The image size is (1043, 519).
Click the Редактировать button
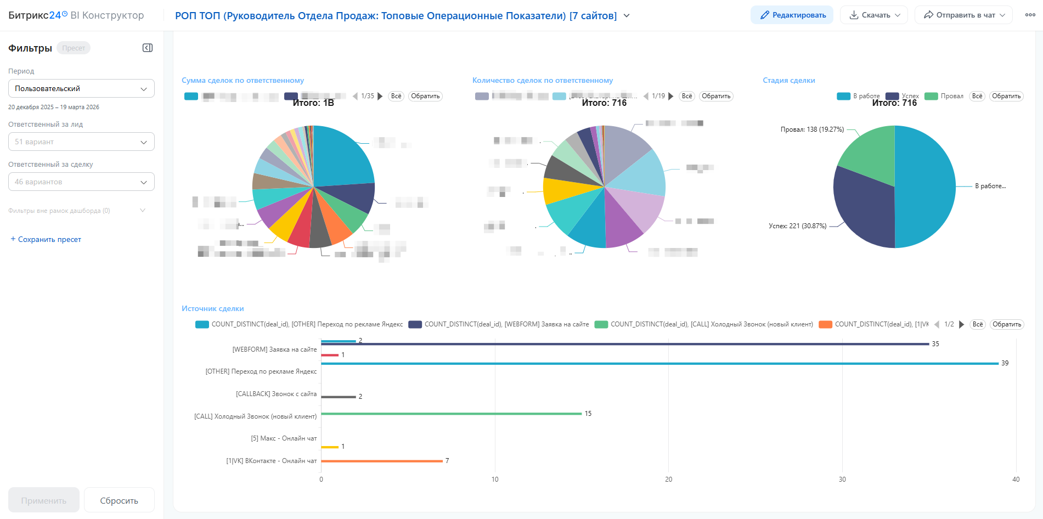click(x=792, y=15)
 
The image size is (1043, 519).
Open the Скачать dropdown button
click(x=874, y=15)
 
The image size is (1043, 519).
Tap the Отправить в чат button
click(x=963, y=15)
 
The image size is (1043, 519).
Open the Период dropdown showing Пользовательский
click(x=81, y=89)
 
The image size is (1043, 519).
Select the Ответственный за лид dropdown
click(x=81, y=142)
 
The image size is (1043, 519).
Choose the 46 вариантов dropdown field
click(x=81, y=182)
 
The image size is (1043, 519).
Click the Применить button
click(x=44, y=500)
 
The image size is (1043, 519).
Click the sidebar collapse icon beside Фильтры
click(x=148, y=48)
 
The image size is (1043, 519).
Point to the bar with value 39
click(x=658, y=363)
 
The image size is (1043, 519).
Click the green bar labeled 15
click(x=450, y=414)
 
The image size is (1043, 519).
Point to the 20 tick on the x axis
click(x=668, y=479)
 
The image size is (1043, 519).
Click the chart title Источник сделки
click(x=212, y=309)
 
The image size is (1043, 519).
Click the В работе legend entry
click(x=859, y=96)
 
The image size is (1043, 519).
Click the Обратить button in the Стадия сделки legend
click(x=1006, y=96)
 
